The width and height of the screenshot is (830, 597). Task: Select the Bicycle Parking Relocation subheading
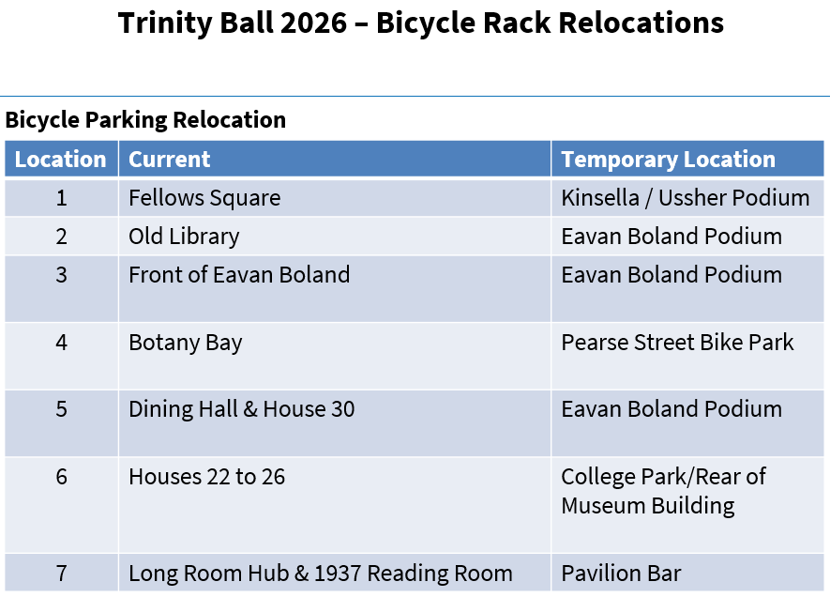tap(145, 120)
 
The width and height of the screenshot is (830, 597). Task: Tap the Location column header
tap(61, 160)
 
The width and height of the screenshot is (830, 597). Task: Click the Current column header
tap(170, 160)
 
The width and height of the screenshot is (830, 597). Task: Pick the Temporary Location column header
tap(668, 160)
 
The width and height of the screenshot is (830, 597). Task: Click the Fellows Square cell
tap(204, 198)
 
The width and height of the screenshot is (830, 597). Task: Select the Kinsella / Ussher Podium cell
tap(685, 198)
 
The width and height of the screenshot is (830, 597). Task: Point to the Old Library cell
tap(184, 237)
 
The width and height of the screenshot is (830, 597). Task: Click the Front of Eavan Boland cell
tap(239, 275)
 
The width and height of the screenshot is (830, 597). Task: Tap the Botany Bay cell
tap(186, 343)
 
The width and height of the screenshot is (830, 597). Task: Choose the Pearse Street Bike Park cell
tap(677, 343)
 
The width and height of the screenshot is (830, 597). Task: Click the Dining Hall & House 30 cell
tap(242, 409)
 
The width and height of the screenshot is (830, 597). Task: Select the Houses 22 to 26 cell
tap(206, 477)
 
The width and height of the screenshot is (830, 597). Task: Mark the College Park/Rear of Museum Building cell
tap(663, 491)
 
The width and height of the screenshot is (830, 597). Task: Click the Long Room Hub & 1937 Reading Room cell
tap(321, 574)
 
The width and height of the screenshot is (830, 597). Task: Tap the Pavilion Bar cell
tap(621, 574)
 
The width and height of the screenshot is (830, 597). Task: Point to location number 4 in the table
tap(61, 343)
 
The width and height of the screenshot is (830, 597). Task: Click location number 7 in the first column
tap(61, 574)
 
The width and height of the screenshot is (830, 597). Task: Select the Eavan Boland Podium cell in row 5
tap(672, 409)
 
